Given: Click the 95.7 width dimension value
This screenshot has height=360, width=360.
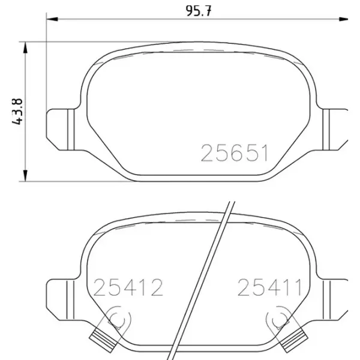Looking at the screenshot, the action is (x=198, y=11).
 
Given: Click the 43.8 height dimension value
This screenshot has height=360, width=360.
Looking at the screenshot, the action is (x=17, y=112).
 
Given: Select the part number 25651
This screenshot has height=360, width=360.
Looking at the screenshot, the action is (x=234, y=153).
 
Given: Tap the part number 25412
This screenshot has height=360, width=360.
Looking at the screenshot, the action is (x=128, y=287).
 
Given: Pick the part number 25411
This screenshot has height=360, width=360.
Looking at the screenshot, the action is (x=269, y=287).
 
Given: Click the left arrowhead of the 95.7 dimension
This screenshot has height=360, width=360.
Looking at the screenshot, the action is (x=52, y=19).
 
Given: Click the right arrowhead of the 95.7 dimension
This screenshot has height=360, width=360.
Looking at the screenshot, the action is (x=344, y=19).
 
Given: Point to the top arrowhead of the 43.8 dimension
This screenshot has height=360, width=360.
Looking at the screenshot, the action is (x=25, y=47).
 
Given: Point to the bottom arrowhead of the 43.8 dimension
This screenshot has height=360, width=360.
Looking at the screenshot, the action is (x=25, y=176).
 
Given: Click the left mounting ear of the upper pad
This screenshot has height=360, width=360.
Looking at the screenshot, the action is (x=60, y=130).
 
